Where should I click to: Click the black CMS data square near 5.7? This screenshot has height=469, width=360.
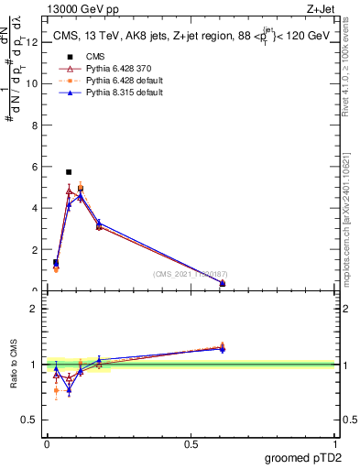[x=69, y=172]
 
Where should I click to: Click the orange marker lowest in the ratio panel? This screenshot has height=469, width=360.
[x=56, y=390]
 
